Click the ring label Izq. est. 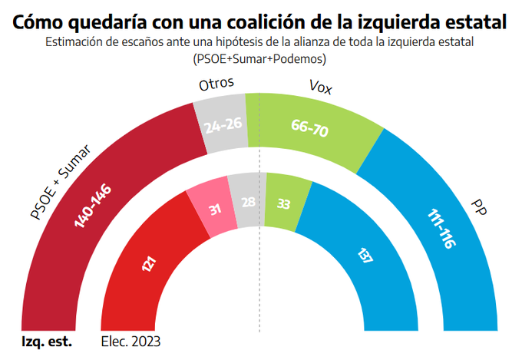pyautogui.click(x=46, y=342)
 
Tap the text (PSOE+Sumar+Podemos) pyautogui.click(x=260, y=58)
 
